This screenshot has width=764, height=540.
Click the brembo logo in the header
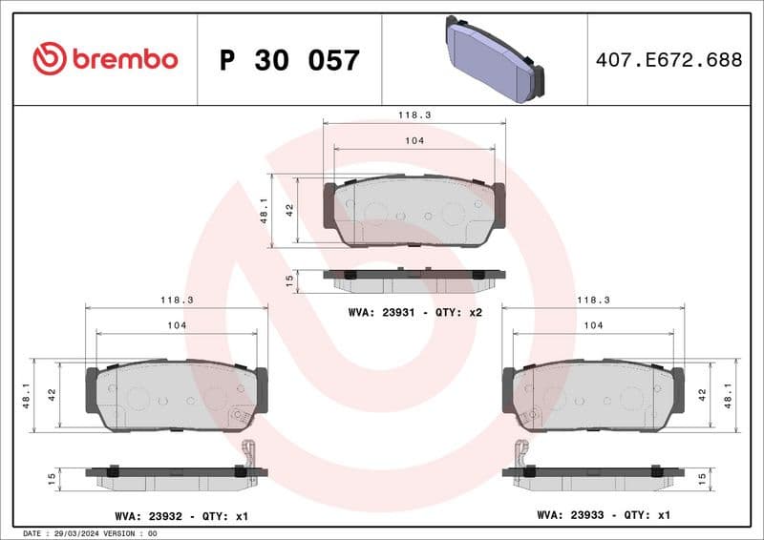click(x=105, y=59)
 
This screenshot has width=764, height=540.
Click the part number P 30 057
click(x=289, y=60)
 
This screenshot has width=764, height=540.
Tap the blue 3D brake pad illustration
click(x=493, y=59)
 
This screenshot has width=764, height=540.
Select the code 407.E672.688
click(x=668, y=60)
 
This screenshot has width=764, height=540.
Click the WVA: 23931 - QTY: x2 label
click(x=414, y=312)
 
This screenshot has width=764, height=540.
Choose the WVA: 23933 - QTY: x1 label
click(x=604, y=516)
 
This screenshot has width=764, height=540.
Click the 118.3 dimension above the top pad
click(x=414, y=114)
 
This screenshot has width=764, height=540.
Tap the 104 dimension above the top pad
click(x=414, y=140)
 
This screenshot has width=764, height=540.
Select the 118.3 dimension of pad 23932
click(x=177, y=300)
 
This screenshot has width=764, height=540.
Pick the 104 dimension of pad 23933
click(x=593, y=325)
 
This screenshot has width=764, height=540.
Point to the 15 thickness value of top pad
click(x=290, y=280)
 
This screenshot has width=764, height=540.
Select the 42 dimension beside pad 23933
click(x=703, y=393)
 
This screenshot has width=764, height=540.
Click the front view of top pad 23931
click(x=414, y=212)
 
